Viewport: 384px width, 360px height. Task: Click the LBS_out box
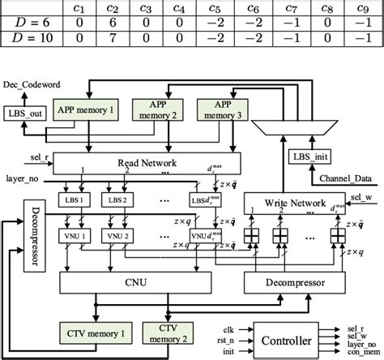pyautogui.click(x=26, y=114)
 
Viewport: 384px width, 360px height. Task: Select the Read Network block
pyautogui.click(x=151, y=164)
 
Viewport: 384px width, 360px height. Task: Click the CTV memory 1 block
pyautogui.click(x=92, y=332)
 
